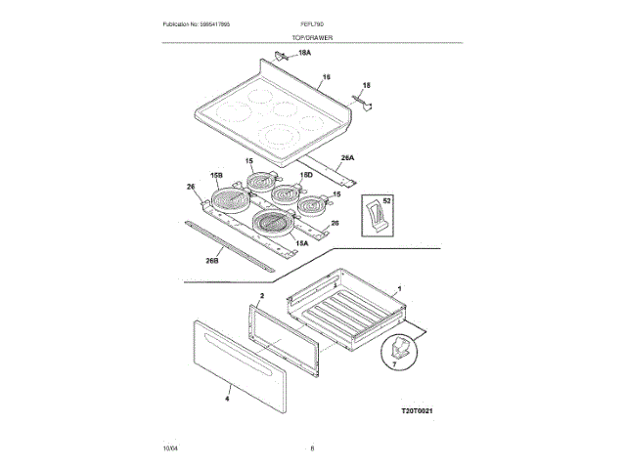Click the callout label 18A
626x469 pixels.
304,52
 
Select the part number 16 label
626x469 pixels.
327,76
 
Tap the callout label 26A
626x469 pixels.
347,157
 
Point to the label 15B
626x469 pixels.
216,174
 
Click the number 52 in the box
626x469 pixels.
387,200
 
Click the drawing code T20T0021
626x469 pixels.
416,412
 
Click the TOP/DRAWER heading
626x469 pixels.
312,36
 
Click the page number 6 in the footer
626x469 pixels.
312,448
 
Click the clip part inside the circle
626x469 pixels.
398,348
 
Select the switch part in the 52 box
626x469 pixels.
373,214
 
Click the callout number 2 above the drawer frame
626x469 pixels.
262,294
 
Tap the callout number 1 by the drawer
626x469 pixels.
398,289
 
